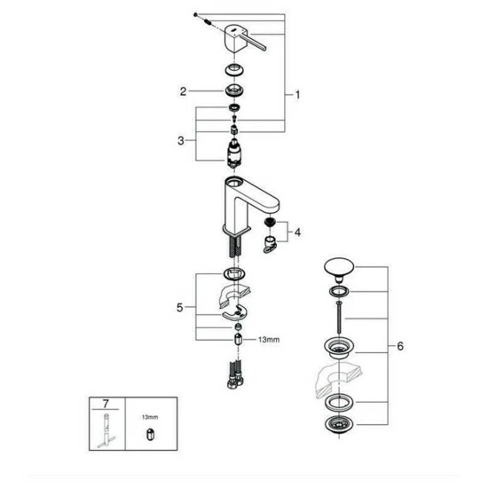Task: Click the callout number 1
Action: [297, 95]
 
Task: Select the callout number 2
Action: [183, 91]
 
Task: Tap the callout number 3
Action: [181, 141]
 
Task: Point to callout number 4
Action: [297, 232]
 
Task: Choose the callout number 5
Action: [180, 308]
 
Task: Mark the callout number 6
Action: [400, 346]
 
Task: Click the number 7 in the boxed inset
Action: [106, 404]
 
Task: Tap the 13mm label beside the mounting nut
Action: [269, 340]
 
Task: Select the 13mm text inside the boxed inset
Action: [150, 417]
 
